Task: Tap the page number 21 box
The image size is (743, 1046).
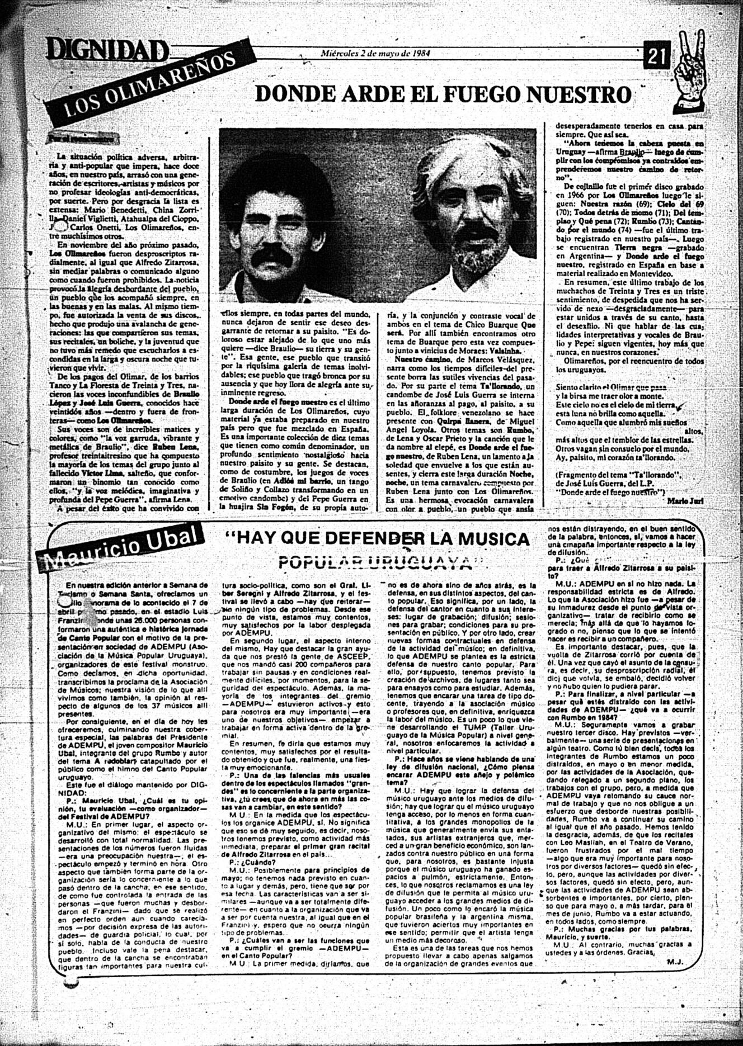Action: [x=659, y=55]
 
